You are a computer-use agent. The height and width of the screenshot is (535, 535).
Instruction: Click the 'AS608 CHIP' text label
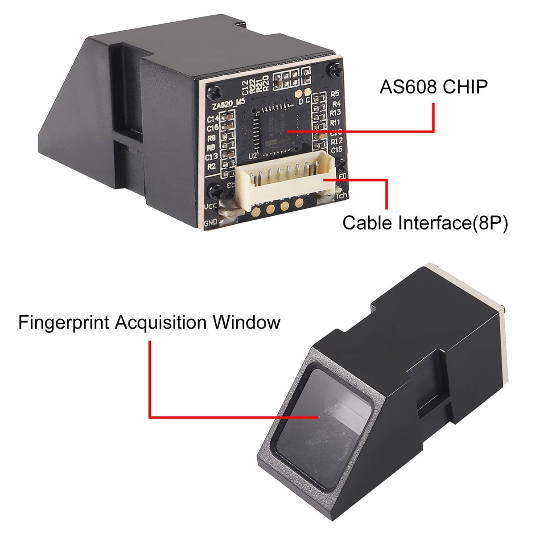[433, 86]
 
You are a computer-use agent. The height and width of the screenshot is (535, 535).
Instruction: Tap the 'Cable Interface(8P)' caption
[425, 222]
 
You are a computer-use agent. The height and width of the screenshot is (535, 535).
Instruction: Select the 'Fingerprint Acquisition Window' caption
[149, 322]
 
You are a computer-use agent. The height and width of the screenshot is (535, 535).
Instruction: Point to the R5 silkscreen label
[335, 94]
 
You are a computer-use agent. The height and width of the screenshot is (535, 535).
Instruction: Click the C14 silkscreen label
[212, 119]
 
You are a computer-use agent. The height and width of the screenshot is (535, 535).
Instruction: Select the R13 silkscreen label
[336, 113]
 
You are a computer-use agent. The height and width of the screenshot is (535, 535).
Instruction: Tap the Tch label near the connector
[342, 195]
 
